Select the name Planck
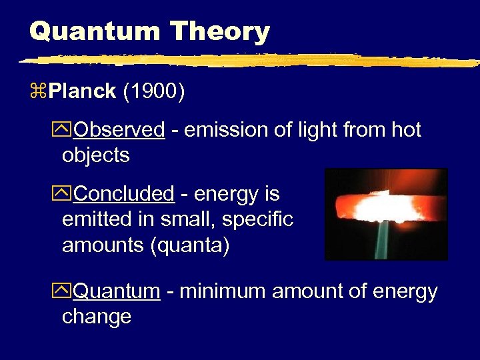pyautogui.click(x=82, y=92)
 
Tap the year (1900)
pyautogui.click(x=154, y=92)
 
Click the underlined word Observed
pyautogui.click(x=119, y=130)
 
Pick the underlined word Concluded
pyautogui.click(x=124, y=194)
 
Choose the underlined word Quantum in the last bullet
pyautogui.click(x=117, y=291)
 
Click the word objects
pyautogui.click(x=95, y=156)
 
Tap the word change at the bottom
pyautogui.click(x=97, y=317)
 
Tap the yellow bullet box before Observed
pyautogui.click(x=67, y=131)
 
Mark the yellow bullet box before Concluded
pyautogui.click(x=67, y=195)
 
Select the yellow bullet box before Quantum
pyautogui.click(x=67, y=292)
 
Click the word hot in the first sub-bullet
pyautogui.click(x=405, y=130)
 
